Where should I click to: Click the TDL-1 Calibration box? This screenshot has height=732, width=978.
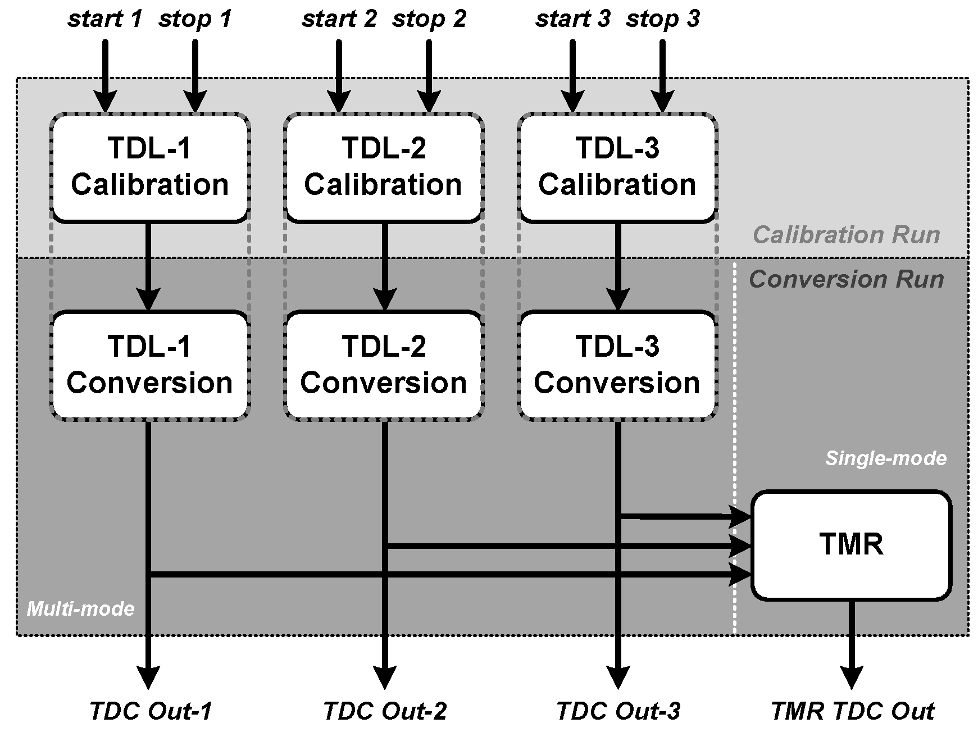[x=149, y=167]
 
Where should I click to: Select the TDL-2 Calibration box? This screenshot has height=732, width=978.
[x=384, y=167]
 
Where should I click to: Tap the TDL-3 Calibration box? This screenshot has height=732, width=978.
[x=617, y=167]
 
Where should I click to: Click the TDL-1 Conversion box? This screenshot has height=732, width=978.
[x=149, y=365]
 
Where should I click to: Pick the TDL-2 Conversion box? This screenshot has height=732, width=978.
[x=384, y=365]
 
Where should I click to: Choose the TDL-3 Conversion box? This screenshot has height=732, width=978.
[x=617, y=365]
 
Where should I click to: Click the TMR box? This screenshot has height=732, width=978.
[x=851, y=545]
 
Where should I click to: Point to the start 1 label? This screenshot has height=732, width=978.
[x=106, y=19]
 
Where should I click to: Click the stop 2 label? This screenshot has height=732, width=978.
[x=429, y=19]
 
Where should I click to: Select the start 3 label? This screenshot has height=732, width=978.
[x=573, y=19]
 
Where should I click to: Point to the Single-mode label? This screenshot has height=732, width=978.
[x=886, y=458]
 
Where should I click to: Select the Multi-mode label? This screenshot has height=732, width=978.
[x=81, y=608]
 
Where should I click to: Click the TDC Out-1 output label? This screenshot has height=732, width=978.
[x=151, y=711]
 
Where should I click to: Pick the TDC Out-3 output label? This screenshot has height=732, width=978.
[x=618, y=711]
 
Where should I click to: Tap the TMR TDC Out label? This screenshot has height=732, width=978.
[x=852, y=711]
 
